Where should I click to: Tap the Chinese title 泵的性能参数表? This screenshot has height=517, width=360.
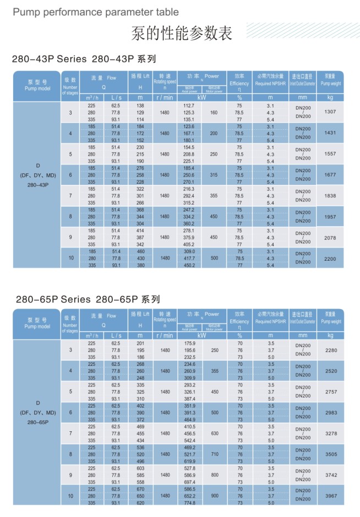181,34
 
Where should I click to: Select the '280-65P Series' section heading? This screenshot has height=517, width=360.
88,300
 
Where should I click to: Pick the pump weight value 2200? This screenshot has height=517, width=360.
330,258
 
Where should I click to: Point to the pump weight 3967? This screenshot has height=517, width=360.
330,496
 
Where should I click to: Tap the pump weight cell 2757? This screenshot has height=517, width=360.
330,391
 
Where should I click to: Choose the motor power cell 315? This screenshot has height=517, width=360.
214,174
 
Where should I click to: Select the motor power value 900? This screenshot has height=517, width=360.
214,496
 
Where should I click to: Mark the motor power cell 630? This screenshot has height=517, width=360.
214,433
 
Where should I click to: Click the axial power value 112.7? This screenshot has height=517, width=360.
189,105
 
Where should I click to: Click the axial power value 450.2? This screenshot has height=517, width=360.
189,265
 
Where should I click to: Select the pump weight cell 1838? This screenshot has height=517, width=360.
330,195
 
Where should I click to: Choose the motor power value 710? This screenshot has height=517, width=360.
214,454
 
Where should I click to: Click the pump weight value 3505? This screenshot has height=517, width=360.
330,454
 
